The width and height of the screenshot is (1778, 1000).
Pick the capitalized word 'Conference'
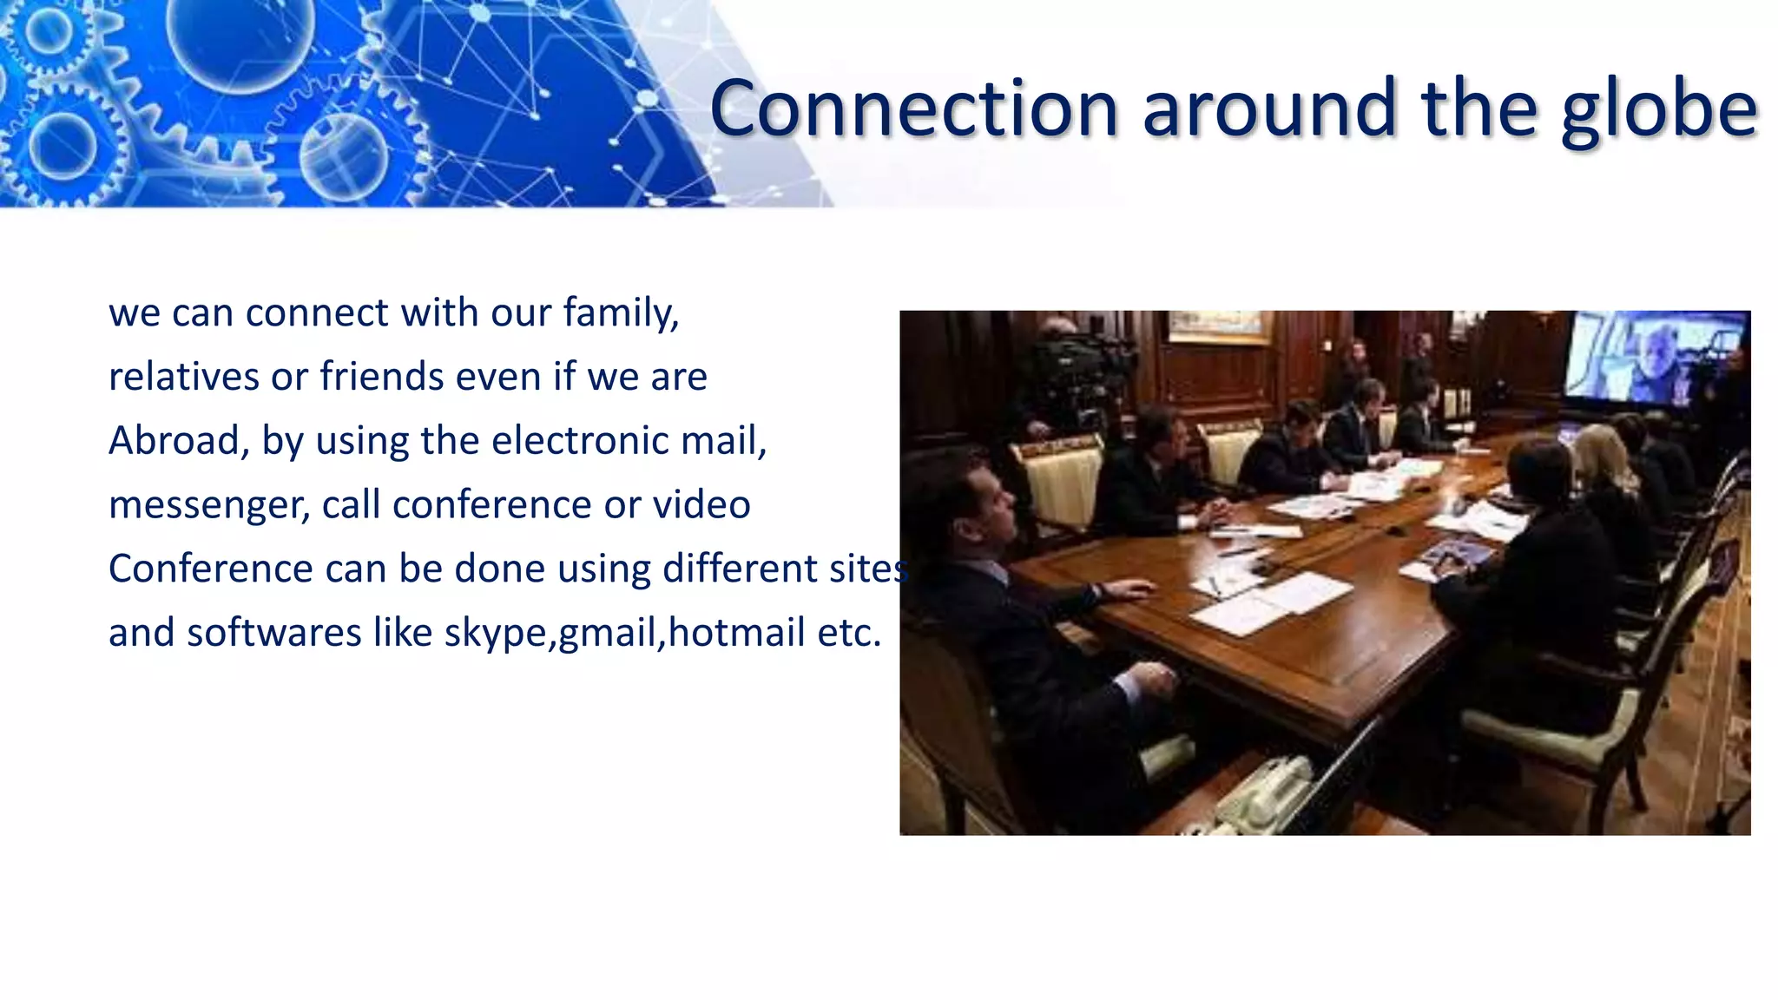coord(210,569)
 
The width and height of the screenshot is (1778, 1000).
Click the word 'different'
coord(734,569)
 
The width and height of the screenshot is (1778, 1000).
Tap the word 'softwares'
coord(273,633)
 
